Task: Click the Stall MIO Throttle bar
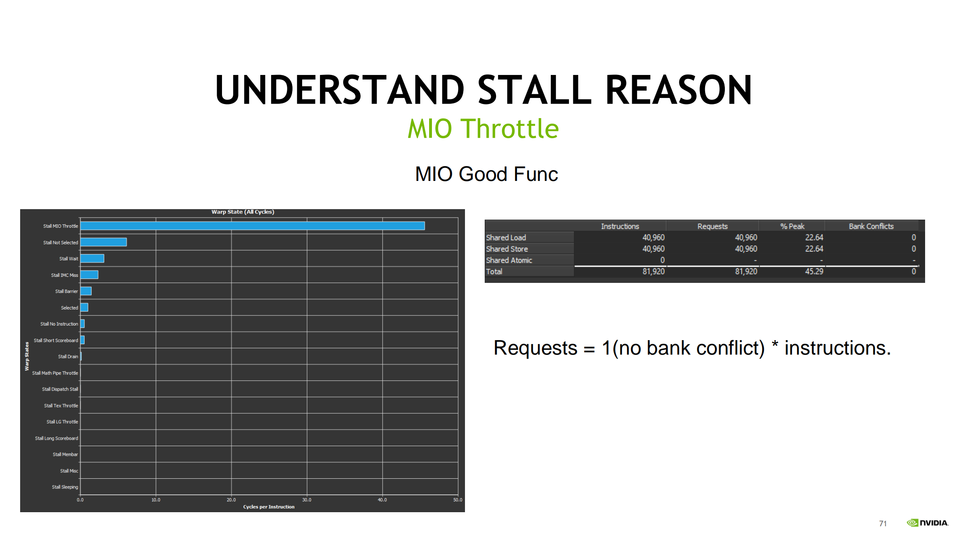253,226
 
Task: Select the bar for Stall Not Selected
104,242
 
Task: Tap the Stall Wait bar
92,258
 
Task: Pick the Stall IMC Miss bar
89,274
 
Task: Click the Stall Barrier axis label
66,291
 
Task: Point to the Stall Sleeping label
65,487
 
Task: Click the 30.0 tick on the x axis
307,500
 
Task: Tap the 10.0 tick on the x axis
156,500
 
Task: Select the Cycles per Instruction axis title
269,507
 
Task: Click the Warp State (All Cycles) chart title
243,212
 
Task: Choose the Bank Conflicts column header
871,226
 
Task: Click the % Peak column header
792,226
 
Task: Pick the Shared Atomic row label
509,260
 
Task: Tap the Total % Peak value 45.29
814,272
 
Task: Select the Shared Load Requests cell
746,238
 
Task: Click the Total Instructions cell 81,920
654,272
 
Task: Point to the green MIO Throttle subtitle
483,129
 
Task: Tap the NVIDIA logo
928,523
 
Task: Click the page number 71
883,523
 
